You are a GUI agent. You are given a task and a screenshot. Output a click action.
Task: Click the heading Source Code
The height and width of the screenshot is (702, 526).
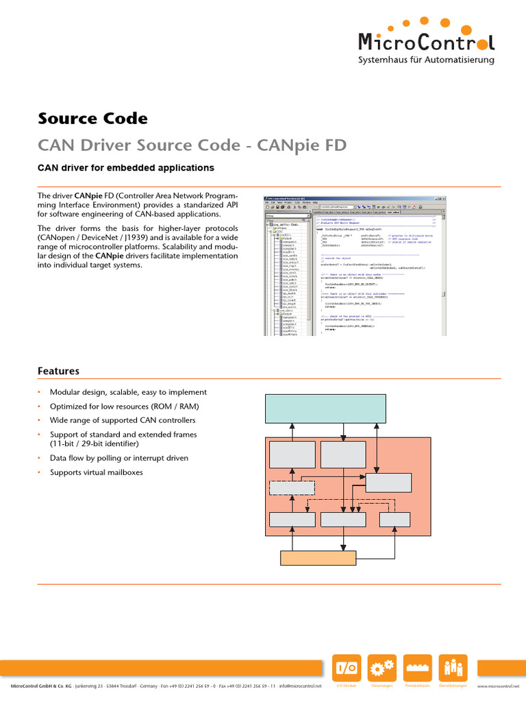(x=92, y=119)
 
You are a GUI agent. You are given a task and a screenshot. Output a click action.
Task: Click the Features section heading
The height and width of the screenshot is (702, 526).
(x=58, y=371)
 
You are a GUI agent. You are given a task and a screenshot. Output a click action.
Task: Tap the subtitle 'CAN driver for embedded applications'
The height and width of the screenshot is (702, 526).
(x=125, y=168)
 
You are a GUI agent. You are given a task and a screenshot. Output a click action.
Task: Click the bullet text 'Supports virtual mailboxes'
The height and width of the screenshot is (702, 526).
(x=97, y=472)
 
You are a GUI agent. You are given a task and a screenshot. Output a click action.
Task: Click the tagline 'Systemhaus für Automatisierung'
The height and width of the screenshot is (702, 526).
(x=427, y=61)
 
